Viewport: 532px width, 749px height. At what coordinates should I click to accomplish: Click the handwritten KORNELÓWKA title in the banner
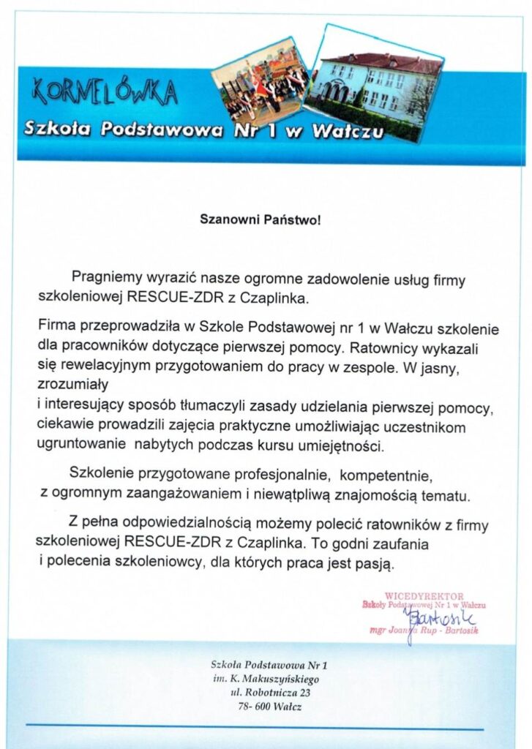(104, 93)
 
